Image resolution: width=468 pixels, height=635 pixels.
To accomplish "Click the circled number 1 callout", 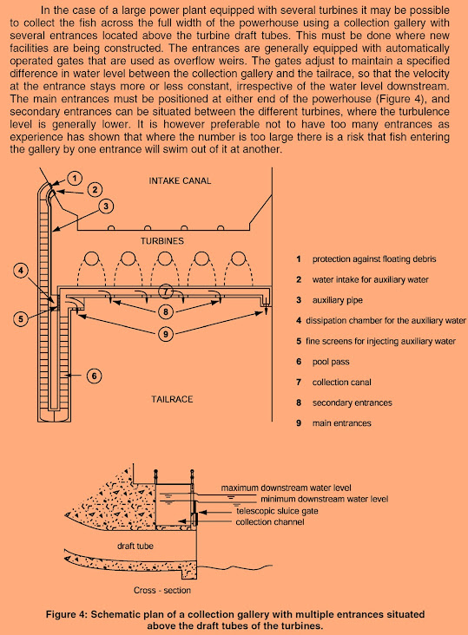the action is pyautogui.click(x=75, y=178).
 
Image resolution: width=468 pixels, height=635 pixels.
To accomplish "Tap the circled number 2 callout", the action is pyautogui.click(x=95, y=189).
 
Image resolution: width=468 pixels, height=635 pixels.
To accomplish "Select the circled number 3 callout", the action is pyautogui.click(x=106, y=206).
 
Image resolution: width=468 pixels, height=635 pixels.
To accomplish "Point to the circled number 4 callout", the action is pyautogui.click(x=21, y=270).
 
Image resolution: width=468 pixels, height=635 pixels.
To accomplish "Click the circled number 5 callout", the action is pyautogui.click(x=21, y=318).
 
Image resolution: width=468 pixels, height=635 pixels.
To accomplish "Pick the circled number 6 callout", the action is pyautogui.click(x=95, y=376).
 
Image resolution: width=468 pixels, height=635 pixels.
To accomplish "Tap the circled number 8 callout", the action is pyautogui.click(x=165, y=311).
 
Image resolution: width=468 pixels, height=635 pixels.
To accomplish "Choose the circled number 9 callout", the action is pyautogui.click(x=165, y=334).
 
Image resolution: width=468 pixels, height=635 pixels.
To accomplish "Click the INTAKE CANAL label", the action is pyautogui.click(x=180, y=180).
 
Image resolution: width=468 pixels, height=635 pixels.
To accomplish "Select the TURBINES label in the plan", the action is pyautogui.click(x=162, y=241).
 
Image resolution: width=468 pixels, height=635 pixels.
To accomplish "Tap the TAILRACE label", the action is pyautogui.click(x=172, y=399).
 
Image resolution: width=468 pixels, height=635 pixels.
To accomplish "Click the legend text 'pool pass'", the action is pyautogui.click(x=331, y=362).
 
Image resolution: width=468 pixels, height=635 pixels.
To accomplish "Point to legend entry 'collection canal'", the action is pyautogui.click(x=341, y=382).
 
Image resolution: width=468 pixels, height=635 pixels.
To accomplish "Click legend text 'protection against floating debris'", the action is pyautogui.click(x=374, y=259).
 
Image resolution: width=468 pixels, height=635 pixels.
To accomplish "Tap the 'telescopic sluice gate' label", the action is pyautogui.click(x=277, y=511).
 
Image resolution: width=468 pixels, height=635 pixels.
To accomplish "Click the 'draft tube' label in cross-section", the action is pyautogui.click(x=135, y=546).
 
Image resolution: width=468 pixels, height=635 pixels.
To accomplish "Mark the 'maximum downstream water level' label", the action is pyautogui.click(x=286, y=488).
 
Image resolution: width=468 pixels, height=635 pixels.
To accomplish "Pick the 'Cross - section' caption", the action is pyautogui.click(x=162, y=590).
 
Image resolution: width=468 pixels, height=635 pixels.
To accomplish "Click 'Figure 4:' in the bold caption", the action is pyautogui.click(x=67, y=614).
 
